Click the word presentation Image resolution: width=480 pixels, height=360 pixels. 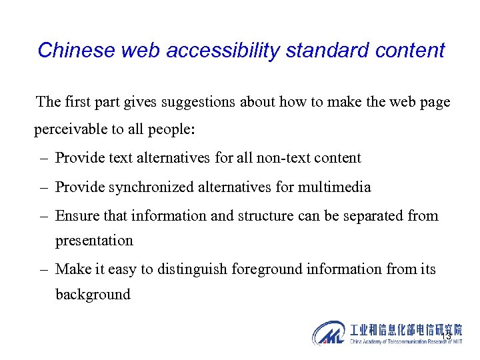coord(94,240)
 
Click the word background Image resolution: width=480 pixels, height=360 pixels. coord(93,294)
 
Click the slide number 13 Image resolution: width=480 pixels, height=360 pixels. coord(445,337)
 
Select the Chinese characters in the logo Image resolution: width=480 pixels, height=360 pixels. coord(405,330)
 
